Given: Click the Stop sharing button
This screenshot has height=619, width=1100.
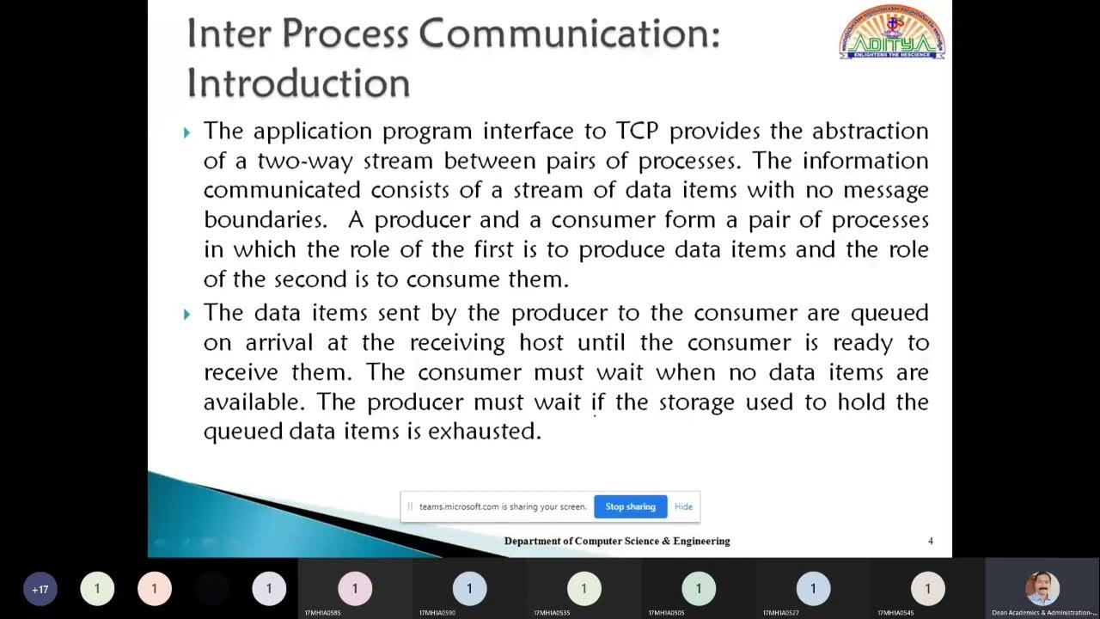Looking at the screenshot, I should click(630, 506).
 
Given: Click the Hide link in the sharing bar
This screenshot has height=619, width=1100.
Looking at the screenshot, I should click(683, 506).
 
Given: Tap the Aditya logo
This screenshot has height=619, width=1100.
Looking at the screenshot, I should click(892, 34).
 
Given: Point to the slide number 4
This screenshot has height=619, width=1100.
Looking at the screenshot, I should click(931, 541).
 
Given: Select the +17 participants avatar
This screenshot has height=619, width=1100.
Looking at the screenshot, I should click(40, 589).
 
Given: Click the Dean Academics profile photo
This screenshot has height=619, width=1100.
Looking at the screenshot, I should click(1042, 588).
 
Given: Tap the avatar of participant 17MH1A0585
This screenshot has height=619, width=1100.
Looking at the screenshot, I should click(355, 589).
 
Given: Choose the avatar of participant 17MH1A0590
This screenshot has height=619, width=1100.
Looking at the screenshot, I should click(469, 589).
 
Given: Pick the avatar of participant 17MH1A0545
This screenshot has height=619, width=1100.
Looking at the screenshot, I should click(927, 589).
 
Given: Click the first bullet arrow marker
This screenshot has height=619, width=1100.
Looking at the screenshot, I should click(187, 132).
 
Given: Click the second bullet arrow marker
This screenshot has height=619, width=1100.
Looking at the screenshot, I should click(187, 314).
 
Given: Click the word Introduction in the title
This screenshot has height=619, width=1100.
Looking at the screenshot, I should click(298, 83).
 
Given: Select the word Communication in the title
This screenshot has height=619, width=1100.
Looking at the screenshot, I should click(569, 35).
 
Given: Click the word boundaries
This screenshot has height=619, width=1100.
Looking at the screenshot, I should click(265, 219).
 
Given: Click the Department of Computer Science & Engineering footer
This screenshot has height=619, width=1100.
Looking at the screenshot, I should click(617, 541).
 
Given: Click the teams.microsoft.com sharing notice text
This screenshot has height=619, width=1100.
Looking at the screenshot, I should click(503, 506).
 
